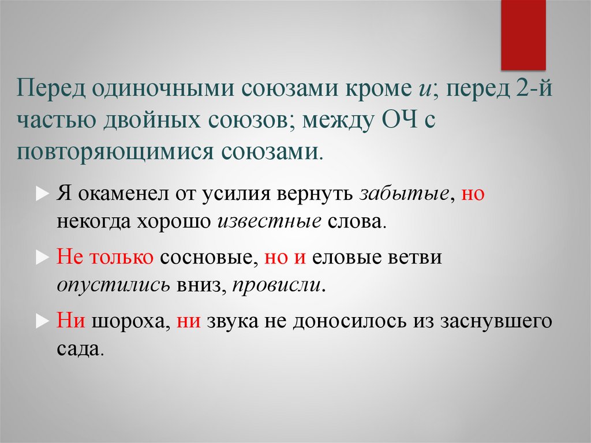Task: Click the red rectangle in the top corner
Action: tap(523, 35)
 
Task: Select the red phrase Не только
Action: tap(104, 257)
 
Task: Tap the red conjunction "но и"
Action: tap(285, 257)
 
